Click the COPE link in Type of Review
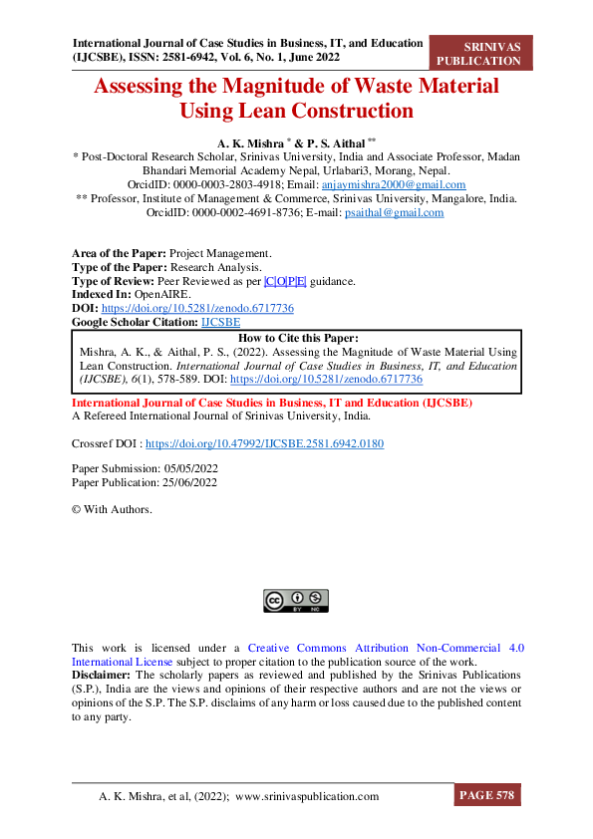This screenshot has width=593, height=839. [285, 282]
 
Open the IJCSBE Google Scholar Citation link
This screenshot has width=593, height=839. [220, 322]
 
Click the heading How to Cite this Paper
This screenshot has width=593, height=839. [297, 339]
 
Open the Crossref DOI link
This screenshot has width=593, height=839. [265, 442]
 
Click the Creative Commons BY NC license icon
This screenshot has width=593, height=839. [296, 600]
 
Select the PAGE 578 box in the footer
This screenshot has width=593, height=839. [487, 796]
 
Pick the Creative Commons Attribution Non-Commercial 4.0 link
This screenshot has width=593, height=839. [386, 648]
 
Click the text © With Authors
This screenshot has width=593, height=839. [113, 509]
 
